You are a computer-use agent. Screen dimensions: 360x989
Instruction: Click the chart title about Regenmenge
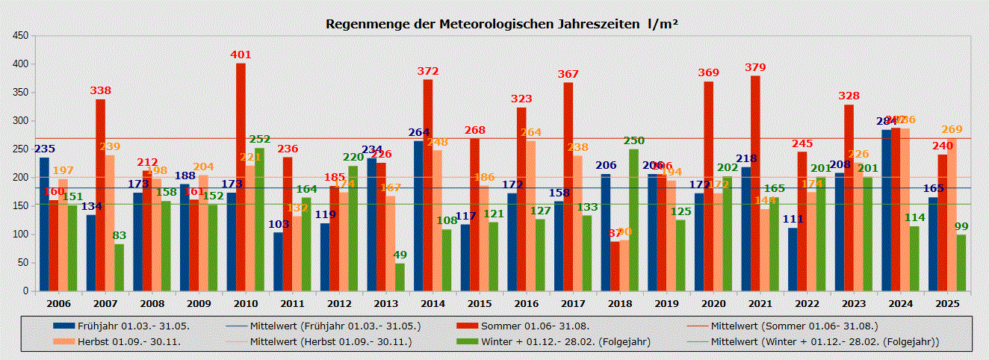point(501,24)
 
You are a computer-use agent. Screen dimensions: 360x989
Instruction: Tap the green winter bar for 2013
point(400,276)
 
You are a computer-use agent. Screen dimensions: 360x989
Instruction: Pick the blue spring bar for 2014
point(418,216)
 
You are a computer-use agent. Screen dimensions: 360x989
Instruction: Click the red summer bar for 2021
point(755,183)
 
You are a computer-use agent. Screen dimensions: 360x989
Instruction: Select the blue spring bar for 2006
point(44,224)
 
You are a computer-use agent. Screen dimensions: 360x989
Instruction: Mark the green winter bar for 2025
point(961,262)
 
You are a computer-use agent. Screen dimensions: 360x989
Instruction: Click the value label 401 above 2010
point(241,55)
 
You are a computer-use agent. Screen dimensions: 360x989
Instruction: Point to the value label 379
point(755,68)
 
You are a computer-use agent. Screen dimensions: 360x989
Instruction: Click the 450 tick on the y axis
point(21,36)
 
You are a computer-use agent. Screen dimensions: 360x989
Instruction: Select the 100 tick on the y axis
point(21,235)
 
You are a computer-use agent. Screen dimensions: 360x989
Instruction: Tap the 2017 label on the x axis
point(573,304)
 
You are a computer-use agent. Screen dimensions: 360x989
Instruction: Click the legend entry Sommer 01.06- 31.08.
point(535,326)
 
